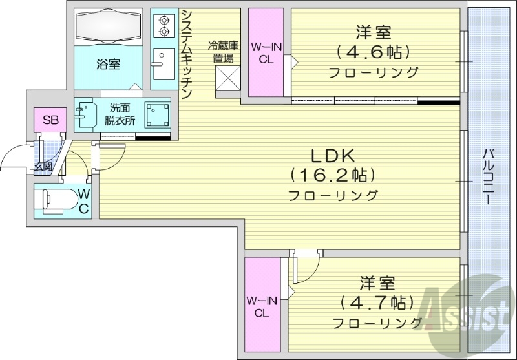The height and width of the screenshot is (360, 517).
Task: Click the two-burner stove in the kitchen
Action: point(163,25)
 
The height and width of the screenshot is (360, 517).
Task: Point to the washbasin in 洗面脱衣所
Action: point(86,115)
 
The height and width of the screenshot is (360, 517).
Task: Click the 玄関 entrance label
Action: point(43,168)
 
